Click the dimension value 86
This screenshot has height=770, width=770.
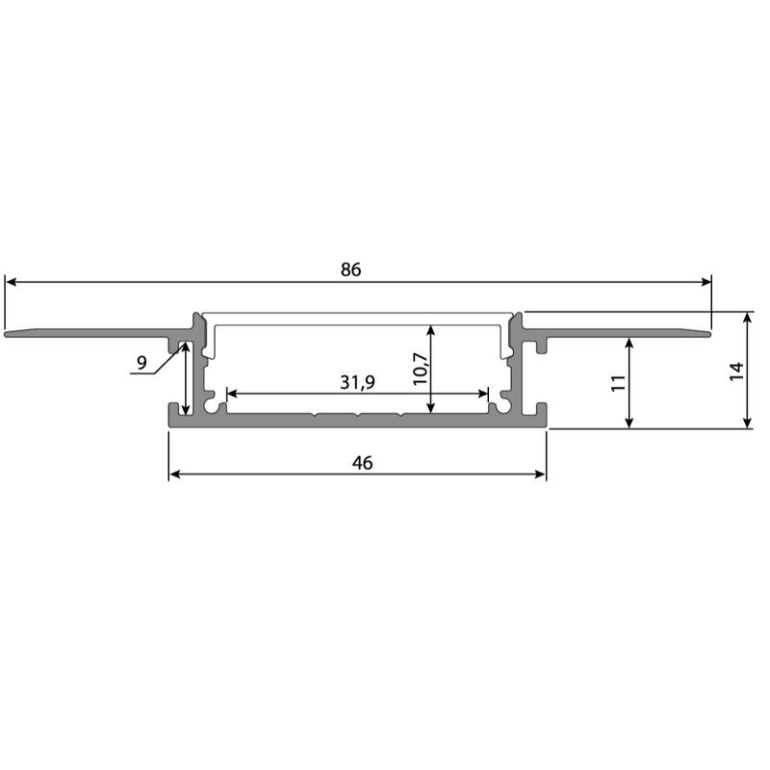(350, 269)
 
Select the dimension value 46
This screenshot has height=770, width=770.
(363, 463)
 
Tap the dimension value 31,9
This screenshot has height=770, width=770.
(357, 382)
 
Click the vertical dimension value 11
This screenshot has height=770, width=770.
(619, 382)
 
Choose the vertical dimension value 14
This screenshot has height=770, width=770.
(736, 371)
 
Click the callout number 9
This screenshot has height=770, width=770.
(141, 363)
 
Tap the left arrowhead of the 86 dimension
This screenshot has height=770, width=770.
(11, 282)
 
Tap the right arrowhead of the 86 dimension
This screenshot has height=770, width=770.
(706, 282)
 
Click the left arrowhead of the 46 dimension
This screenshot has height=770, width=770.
(175, 474)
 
